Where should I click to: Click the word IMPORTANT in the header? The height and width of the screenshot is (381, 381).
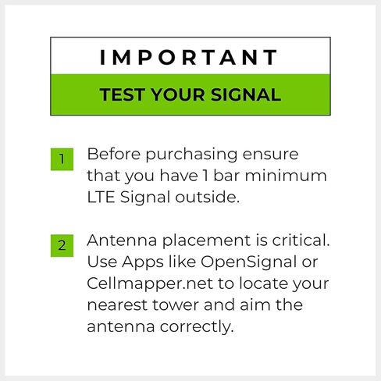(189, 57)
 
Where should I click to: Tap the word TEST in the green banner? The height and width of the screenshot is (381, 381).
(123, 94)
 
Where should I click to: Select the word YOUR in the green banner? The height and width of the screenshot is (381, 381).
(178, 94)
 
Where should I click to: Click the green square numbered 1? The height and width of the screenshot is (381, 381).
(62, 159)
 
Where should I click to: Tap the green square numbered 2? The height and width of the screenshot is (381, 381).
(62, 245)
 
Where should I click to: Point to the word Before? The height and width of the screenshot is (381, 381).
(114, 154)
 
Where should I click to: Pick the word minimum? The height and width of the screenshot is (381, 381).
(286, 175)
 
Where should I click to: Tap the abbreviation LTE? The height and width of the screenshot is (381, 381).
(101, 197)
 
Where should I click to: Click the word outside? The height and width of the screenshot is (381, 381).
(207, 197)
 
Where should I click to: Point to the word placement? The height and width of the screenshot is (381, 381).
(206, 241)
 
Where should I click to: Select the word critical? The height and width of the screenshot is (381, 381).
(301, 240)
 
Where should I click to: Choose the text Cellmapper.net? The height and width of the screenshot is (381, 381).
(150, 284)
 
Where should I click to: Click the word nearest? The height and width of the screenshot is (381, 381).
(117, 305)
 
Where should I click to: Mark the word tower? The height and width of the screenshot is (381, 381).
(176, 305)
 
